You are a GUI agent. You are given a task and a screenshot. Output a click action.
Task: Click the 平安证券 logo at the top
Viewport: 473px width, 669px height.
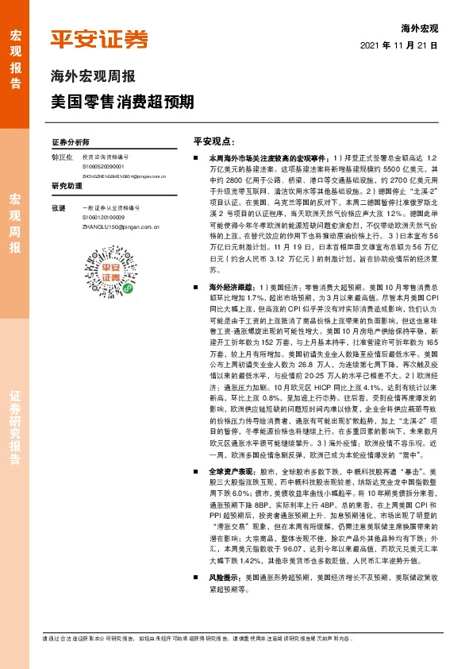[99, 40]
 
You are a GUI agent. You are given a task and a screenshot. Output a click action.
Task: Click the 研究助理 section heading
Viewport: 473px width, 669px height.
[67, 186]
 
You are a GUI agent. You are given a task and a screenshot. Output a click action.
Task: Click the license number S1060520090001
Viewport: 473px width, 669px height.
[103, 167]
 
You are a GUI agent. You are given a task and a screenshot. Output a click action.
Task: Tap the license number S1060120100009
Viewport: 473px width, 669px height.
[103, 216]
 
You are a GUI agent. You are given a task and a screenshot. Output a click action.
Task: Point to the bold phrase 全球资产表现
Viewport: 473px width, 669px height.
[229, 471]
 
